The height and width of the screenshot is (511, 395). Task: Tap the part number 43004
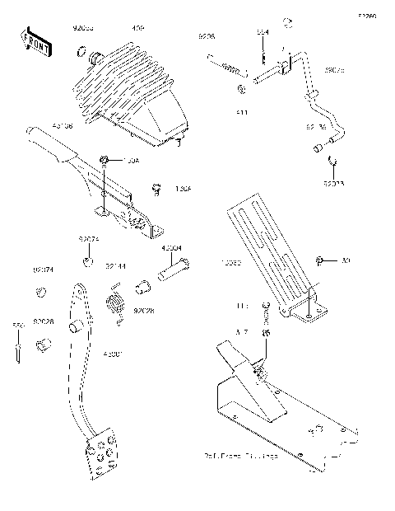[171, 247]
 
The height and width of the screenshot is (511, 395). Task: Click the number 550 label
[14, 326]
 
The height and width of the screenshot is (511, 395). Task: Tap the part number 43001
[111, 354]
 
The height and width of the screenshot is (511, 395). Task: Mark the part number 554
[262, 33]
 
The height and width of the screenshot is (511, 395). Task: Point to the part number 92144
[115, 266]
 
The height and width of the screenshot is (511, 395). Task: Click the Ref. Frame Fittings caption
[240, 455]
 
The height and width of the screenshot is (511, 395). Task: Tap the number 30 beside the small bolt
[346, 261]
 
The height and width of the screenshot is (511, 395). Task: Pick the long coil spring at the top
[226, 62]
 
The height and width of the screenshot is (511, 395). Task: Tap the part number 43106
[63, 125]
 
